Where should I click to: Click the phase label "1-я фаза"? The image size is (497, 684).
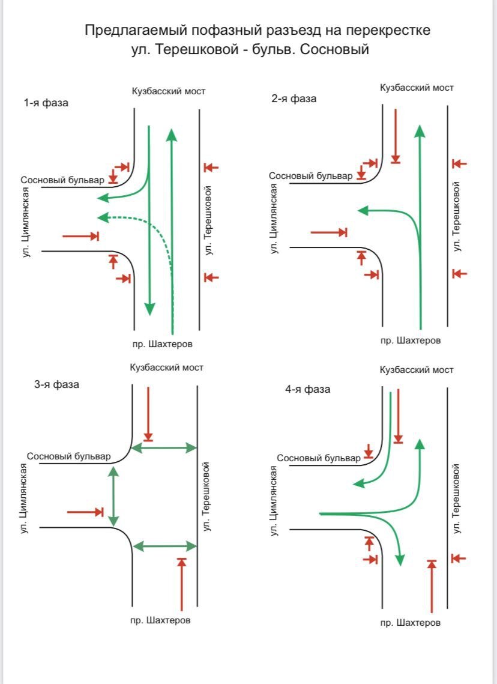(x=46, y=103)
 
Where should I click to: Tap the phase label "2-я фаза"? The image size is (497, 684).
(x=294, y=98)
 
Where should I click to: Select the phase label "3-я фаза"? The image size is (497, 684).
(x=56, y=384)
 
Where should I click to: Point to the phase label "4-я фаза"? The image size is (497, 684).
(x=307, y=389)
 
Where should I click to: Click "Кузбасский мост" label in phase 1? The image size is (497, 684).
(x=169, y=91)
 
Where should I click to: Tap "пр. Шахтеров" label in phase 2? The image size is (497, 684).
(x=411, y=340)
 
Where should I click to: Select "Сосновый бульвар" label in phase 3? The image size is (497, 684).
(x=68, y=456)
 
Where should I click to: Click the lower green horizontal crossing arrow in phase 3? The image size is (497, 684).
(x=164, y=546)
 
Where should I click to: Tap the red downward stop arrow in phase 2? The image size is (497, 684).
(x=395, y=135)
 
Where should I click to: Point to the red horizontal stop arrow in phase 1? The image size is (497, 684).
(x=80, y=237)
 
